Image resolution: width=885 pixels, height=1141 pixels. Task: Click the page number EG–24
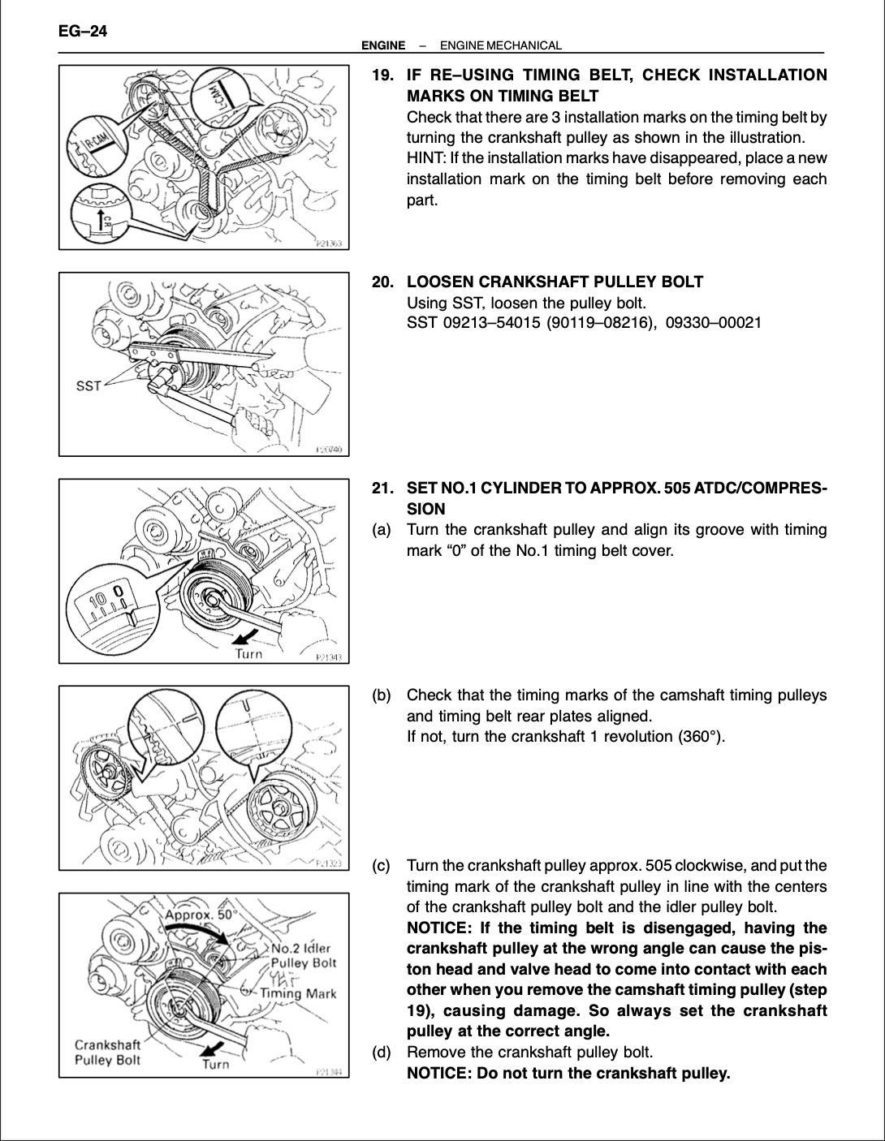[83, 32]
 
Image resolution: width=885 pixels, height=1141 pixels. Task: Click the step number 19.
[383, 75]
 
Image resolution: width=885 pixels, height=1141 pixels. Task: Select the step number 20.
[383, 282]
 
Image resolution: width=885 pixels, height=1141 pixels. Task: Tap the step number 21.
[383, 489]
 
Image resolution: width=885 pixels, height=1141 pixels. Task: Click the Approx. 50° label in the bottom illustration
[201, 914]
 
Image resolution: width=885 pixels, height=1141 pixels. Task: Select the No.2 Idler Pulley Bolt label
[303, 956]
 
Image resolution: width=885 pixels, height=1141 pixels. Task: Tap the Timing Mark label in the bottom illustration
[298, 993]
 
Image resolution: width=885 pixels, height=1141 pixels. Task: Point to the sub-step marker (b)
[382, 695]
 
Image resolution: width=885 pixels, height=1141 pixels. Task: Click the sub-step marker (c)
[382, 866]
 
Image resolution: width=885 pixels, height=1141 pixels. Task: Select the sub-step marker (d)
[382, 1053]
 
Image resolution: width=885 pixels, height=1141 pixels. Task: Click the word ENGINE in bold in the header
[383, 46]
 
